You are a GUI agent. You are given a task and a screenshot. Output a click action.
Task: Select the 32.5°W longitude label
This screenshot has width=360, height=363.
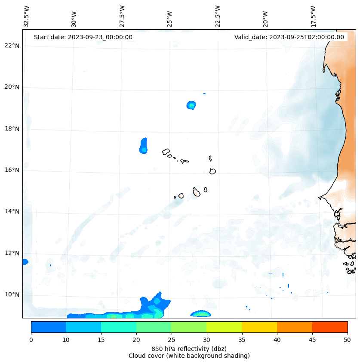pos(27,16)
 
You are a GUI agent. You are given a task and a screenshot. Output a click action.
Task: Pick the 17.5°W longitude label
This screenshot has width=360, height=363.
pos(314,16)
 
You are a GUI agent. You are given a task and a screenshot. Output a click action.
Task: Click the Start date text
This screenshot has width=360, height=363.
pos(83,37)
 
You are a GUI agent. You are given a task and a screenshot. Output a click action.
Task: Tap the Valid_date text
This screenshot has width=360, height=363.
pos(289,37)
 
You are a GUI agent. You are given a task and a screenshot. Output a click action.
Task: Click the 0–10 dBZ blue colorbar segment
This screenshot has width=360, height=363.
pos(48,327)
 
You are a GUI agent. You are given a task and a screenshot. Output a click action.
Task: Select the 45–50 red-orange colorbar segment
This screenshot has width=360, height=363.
pos(330,327)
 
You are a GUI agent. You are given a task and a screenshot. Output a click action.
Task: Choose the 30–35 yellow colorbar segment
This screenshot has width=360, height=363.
pos(224,327)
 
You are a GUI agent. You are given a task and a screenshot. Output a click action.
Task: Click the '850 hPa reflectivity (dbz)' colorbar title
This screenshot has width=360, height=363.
pos(189,348)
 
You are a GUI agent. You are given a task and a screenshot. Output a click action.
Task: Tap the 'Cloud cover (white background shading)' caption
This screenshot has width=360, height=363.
pos(189,356)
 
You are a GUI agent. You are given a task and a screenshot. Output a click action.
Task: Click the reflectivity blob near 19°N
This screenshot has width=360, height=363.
pos(191,105)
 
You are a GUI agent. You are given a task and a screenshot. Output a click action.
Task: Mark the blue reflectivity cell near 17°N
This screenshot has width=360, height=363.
pos(144,146)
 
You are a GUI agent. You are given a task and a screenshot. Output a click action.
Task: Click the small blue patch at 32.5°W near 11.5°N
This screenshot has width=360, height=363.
pos(25,261)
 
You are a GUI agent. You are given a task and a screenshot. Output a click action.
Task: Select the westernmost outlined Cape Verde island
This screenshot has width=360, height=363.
pos(166,152)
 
